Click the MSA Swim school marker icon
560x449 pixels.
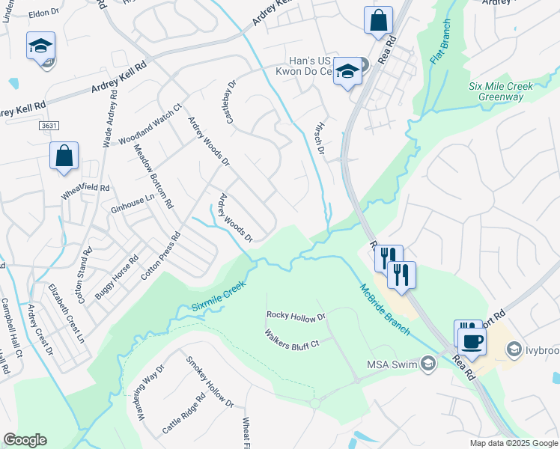click(x=427, y=364)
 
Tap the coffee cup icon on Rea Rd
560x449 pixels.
click(x=472, y=342)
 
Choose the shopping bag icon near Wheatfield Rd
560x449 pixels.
click(x=64, y=156)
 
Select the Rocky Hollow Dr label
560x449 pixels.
click(x=296, y=316)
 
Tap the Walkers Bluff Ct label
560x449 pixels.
click(x=292, y=338)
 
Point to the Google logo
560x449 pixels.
click(x=25, y=440)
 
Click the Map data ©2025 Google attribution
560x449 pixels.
click(x=513, y=443)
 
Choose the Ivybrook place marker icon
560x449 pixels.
click(x=514, y=349)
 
